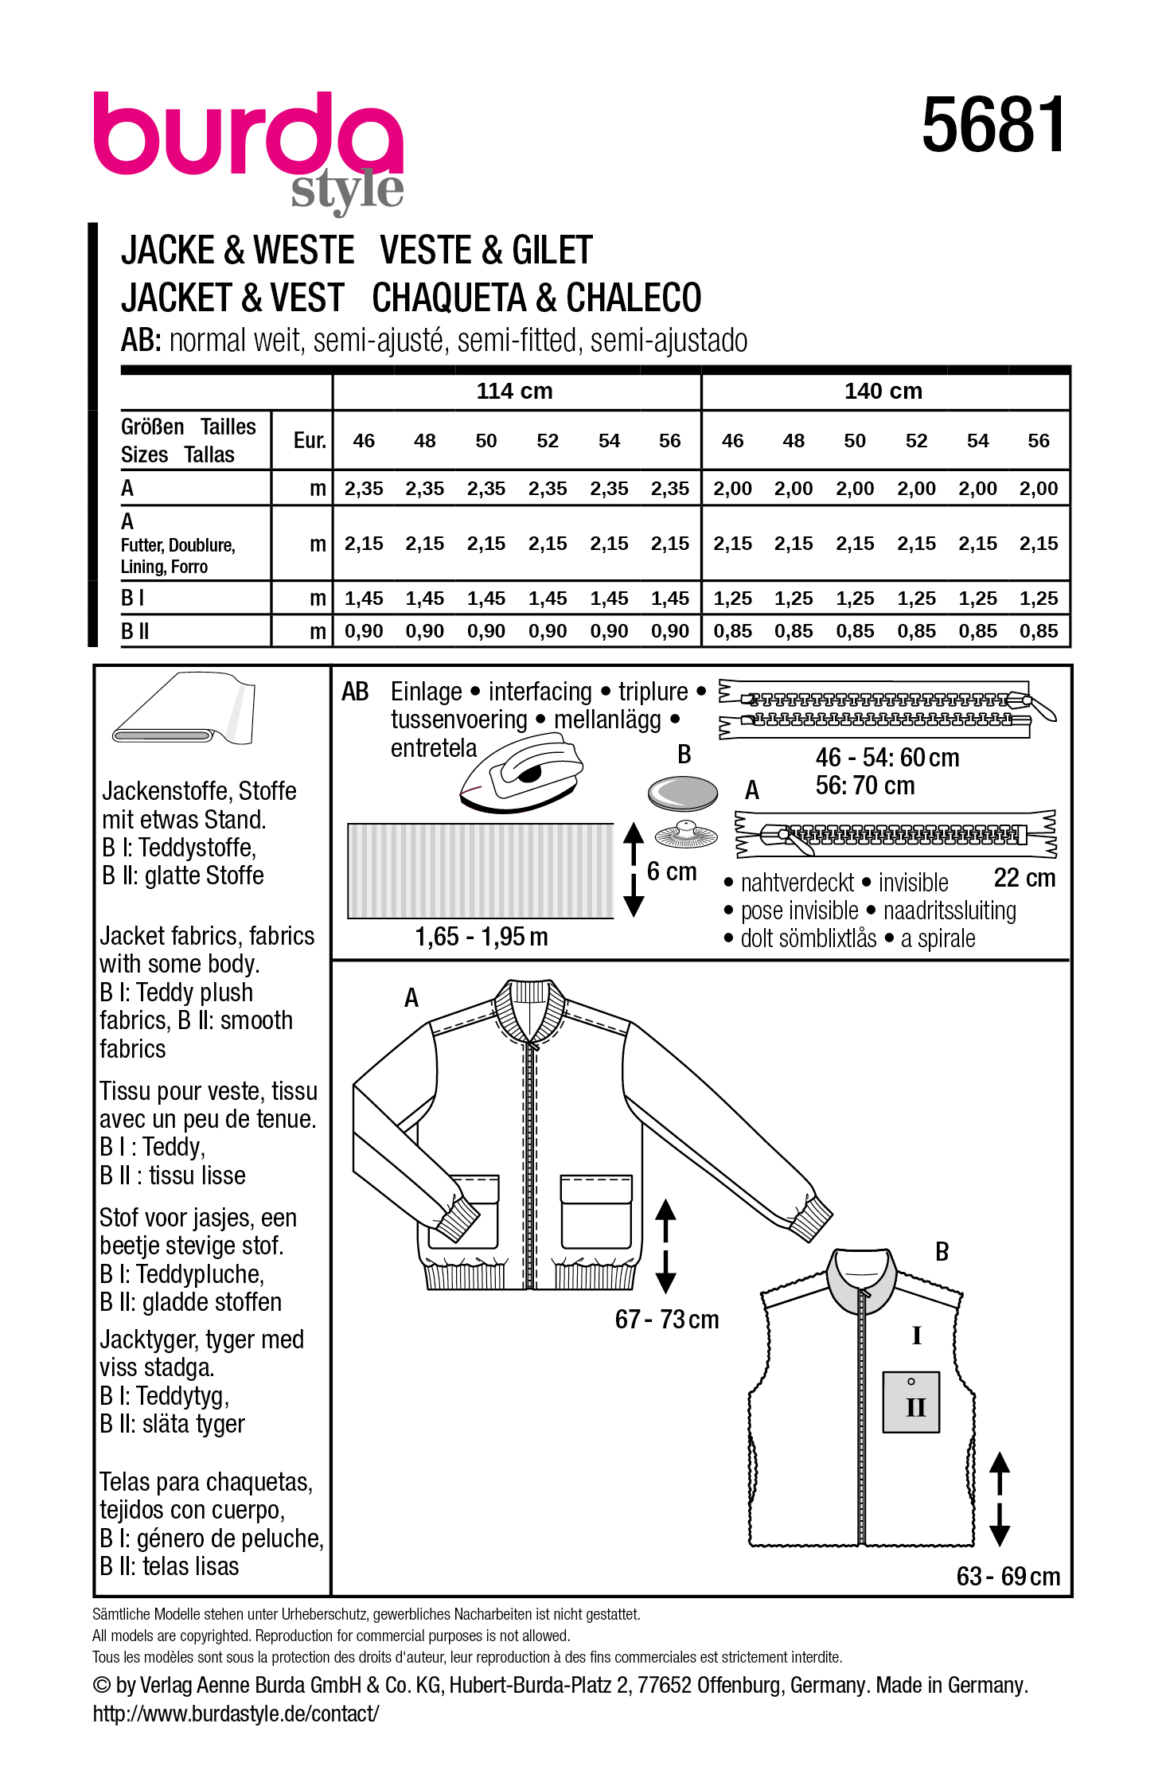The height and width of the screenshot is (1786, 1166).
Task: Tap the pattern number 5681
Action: [x=992, y=125]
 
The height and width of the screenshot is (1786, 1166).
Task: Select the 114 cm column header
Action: [x=514, y=392]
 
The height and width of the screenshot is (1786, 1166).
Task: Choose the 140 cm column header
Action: [x=883, y=392]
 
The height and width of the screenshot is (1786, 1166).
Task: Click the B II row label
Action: [x=135, y=632]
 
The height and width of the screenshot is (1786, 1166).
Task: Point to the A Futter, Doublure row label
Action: [x=177, y=544]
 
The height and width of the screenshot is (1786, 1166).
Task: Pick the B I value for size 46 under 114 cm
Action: [x=364, y=599]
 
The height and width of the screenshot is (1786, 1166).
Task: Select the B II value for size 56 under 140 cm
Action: [x=1039, y=632]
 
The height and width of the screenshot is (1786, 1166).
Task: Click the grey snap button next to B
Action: [x=683, y=793]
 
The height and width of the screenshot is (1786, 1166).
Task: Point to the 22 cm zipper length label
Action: [x=1024, y=878]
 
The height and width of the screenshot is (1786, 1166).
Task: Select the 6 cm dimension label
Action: [x=672, y=872]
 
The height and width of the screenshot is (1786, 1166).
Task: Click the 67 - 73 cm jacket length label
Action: [x=667, y=1320]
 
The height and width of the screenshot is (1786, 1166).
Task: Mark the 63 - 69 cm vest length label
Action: [x=1008, y=1577]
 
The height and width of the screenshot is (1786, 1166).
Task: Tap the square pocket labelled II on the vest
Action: [x=912, y=1402]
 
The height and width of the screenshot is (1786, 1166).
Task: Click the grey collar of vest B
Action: [x=862, y=1280]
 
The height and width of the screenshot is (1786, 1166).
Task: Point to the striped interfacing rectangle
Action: [x=481, y=871]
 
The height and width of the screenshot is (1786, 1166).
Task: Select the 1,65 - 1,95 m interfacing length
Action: [x=482, y=937]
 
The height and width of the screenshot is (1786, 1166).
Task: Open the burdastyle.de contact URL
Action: [x=236, y=1714]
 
